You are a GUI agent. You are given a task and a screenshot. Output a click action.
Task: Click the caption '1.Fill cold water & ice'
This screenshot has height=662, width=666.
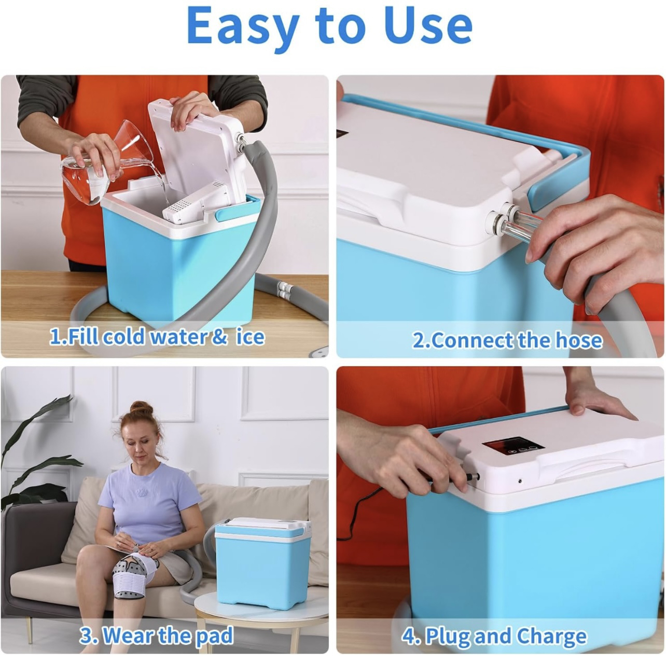pyautogui.click(x=157, y=336)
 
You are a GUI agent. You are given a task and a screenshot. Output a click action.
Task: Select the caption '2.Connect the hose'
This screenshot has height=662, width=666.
pyautogui.click(x=507, y=340)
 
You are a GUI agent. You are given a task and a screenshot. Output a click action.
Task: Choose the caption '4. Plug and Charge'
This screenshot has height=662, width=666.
pyautogui.click(x=494, y=636)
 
